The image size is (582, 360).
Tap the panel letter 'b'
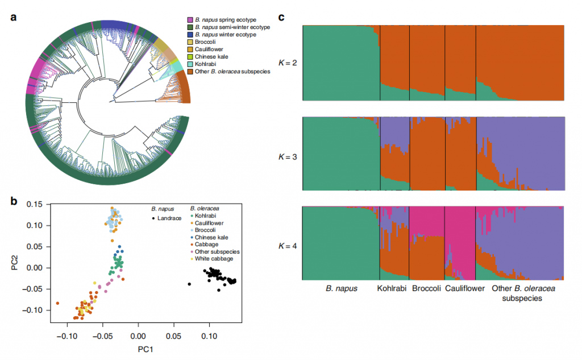(13, 200)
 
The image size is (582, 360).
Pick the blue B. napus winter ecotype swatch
(189, 35)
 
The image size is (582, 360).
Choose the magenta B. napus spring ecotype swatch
(189, 20)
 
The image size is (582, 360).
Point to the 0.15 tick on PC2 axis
(36, 204)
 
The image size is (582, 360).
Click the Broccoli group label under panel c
(426, 289)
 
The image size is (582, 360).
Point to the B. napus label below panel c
(341, 289)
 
